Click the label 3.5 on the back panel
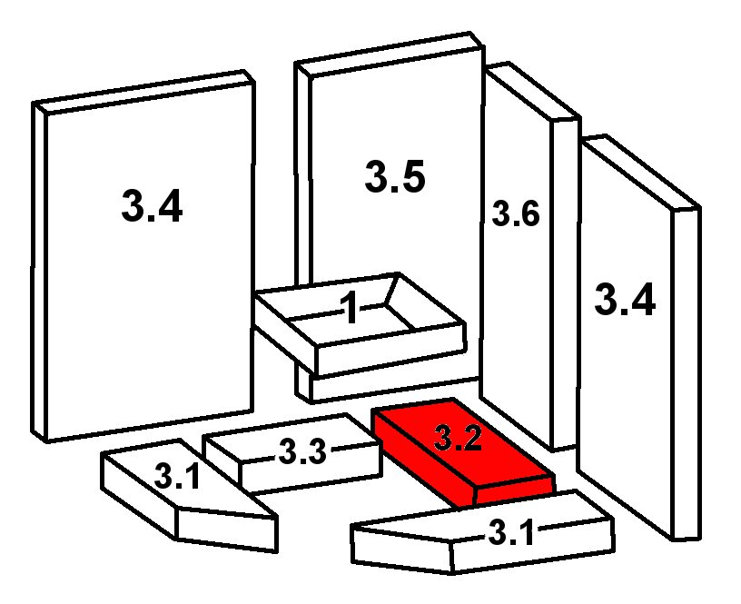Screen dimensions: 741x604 click(x=395, y=176)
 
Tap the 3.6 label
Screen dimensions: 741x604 click(x=516, y=213)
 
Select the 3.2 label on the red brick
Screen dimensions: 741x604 click(x=458, y=438)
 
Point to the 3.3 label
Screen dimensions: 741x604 click(x=302, y=451)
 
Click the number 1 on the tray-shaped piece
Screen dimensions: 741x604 click(x=351, y=307)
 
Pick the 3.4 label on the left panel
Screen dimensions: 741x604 click(x=152, y=206)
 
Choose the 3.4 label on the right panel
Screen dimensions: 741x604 click(x=625, y=299)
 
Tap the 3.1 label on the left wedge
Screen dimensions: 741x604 click(x=177, y=477)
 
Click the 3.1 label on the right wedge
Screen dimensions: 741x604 click(x=511, y=531)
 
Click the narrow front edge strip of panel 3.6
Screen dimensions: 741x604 click(x=565, y=283)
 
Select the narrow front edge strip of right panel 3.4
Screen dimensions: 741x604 click(x=687, y=373)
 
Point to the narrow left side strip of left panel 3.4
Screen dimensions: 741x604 click(x=39, y=272)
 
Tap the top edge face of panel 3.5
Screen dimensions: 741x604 click(x=390, y=54)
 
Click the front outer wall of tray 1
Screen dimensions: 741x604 click(x=391, y=350)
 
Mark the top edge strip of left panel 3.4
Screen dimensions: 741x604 click(x=144, y=92)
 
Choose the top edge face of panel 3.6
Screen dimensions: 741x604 click(x=533, y=91)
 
